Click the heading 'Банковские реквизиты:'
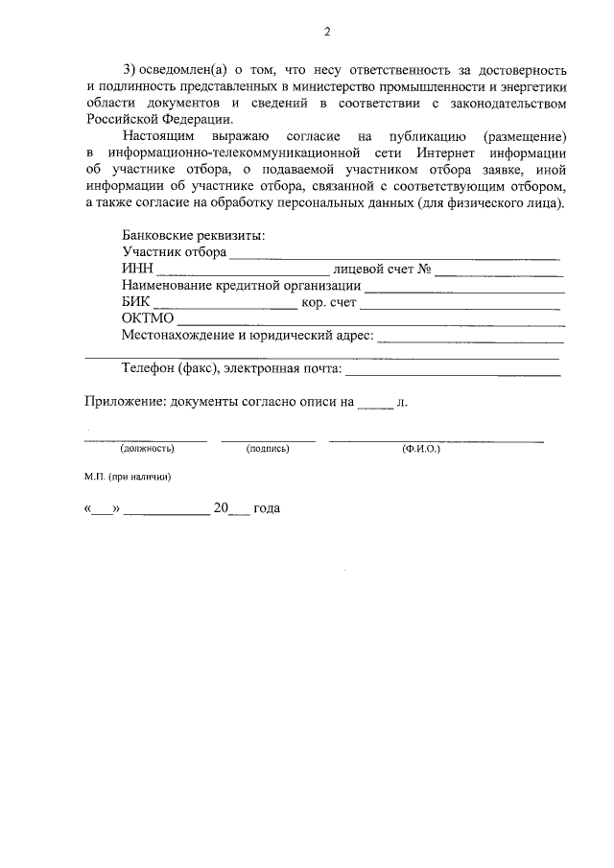point(194,235)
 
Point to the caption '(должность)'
point(146,448)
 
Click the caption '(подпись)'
point(268,448)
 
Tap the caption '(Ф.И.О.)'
point(421,448)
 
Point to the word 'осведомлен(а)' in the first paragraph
point(185,72)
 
